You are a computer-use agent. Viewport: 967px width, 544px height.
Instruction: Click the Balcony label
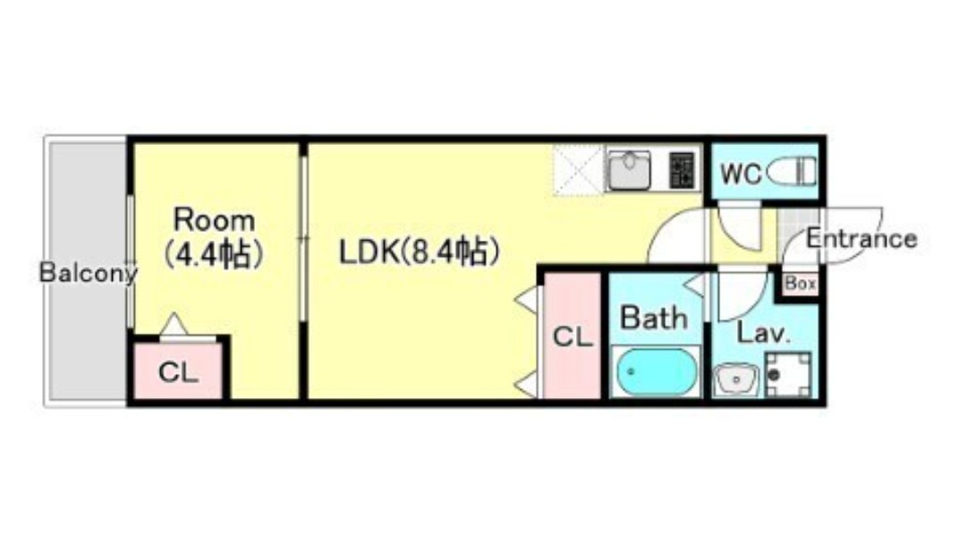88,274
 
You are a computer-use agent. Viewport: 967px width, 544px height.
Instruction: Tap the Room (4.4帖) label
214,237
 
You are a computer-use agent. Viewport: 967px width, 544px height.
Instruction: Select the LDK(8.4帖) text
417,252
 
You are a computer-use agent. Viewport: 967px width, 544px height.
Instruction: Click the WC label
741,174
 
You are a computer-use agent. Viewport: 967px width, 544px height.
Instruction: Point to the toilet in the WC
793,171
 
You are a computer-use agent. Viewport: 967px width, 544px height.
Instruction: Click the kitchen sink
630,170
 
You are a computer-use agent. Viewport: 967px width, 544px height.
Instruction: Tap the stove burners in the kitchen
682,170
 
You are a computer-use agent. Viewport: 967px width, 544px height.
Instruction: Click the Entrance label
861,239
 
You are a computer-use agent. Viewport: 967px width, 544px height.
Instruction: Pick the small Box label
800,284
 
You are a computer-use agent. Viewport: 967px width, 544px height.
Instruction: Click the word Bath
654,318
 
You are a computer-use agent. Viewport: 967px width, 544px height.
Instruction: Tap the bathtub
657,371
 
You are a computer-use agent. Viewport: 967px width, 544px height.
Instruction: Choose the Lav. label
763,335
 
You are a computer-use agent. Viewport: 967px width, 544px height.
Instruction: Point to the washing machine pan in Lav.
788,373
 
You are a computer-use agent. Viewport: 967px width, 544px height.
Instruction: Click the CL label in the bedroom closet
179,373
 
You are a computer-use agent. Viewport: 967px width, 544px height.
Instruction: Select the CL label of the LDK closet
572,337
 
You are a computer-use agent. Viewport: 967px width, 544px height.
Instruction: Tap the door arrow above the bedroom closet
174,324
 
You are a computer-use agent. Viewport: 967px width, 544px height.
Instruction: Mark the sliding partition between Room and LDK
303,238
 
